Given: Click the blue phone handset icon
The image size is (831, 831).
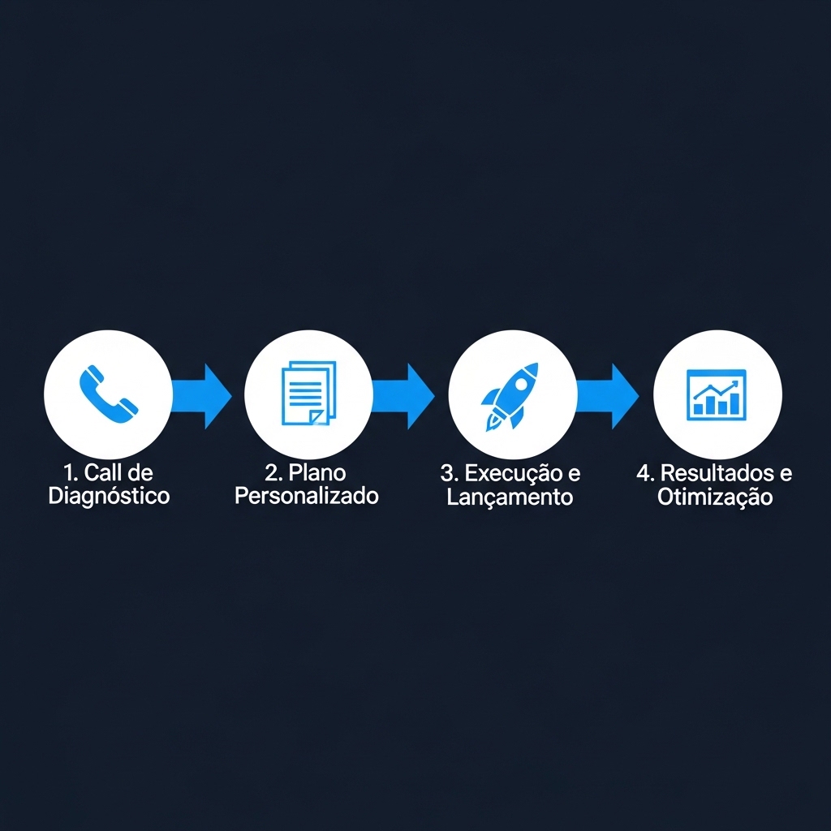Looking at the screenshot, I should (108, 393).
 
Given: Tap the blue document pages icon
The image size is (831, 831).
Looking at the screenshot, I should (308, 394).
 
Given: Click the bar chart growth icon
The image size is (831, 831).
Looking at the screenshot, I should (717, 395).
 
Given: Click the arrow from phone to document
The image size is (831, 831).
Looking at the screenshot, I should (203, 395).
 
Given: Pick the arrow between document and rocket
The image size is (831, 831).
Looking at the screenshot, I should (406, 395).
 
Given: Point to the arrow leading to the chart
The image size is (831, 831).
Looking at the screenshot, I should (610, 395).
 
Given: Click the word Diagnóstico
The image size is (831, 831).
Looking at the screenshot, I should (109, 496).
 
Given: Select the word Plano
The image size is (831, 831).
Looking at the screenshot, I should (316, 472).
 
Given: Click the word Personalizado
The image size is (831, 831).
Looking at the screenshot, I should (307, 496).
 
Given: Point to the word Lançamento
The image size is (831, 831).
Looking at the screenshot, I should (510, 497).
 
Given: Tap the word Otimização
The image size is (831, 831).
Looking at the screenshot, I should (715, 497).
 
